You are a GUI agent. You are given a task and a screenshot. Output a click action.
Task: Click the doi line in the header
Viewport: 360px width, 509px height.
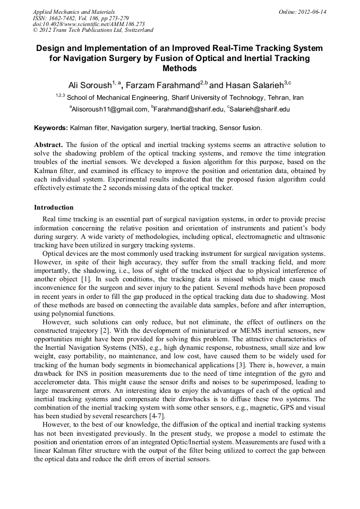(x=89, y=24)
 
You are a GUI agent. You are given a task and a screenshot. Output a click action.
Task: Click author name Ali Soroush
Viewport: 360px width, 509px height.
(x=89, y=85)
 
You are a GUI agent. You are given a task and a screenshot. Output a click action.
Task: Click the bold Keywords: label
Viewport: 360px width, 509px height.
(x=51, y=128)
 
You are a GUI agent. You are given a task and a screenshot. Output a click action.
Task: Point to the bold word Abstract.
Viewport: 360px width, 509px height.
(x=48, y=145)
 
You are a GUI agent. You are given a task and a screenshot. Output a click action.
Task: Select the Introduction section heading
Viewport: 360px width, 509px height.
(x=54, y=208)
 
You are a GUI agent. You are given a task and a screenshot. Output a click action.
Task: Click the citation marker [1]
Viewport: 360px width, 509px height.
(x=86, y=279)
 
